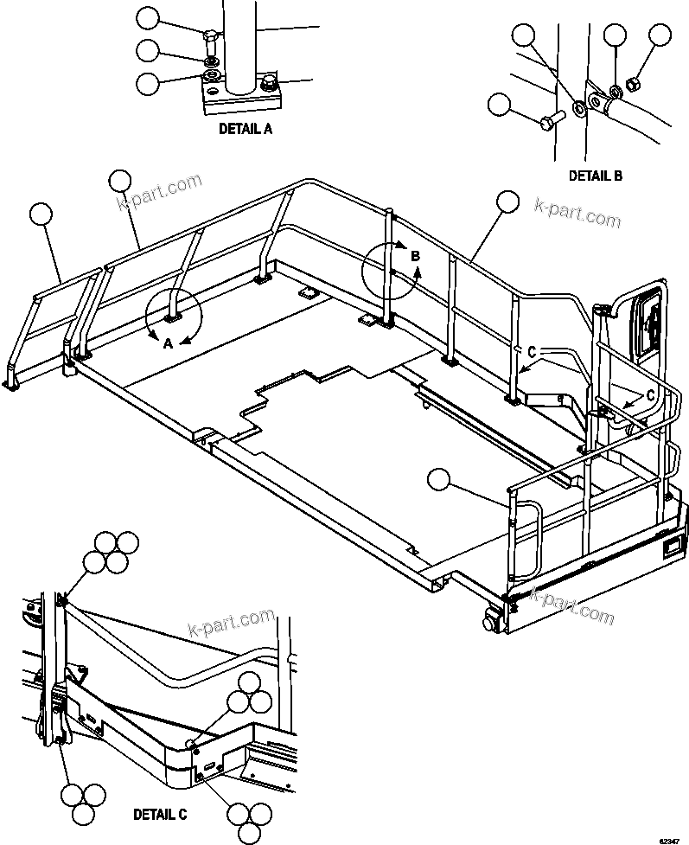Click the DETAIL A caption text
245,130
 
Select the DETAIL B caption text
595,176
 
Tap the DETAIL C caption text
160,814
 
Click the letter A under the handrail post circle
169,342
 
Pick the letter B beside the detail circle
415,256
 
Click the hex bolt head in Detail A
212,37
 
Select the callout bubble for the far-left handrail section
41,214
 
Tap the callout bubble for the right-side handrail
507,202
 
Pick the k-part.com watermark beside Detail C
231,623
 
